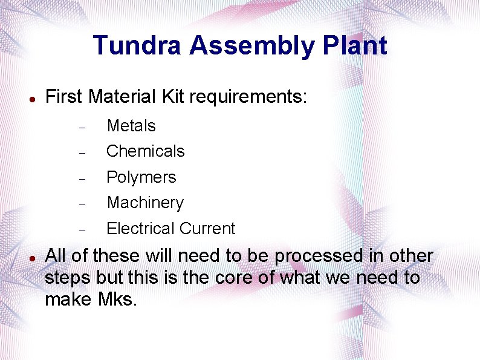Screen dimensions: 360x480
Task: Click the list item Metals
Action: pyautogui.click(x=131, y=126)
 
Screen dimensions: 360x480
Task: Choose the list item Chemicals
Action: pyautogui.click(x=146, y=151)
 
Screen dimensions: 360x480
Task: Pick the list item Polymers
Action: pyautogui.click(x=141, y=177)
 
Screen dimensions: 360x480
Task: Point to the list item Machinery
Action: pyautogui.click(x=145, y=203)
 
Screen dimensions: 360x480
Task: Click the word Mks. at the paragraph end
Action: pyautogui.click(x=117, y=299)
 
